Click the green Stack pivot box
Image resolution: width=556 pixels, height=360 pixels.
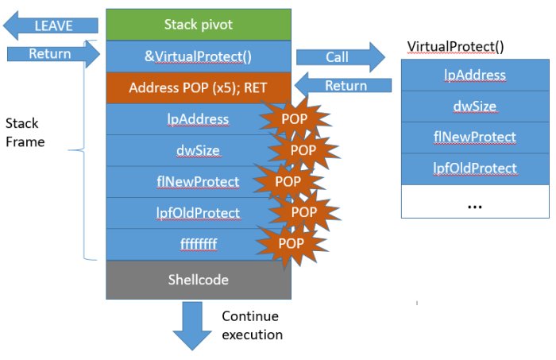coord(199,25)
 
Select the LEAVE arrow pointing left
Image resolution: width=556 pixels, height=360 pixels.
coord(50,25)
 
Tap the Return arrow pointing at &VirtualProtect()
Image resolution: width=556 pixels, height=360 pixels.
coord(53,54)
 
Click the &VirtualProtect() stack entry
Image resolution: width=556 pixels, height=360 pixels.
coord(199,56)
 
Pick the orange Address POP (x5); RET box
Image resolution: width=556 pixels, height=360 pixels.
coord(199,87)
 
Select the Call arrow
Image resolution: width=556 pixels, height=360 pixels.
coord(341,57)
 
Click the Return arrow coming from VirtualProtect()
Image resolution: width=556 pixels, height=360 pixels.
coord(343,86)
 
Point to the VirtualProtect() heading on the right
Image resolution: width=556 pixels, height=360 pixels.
coord(455,47)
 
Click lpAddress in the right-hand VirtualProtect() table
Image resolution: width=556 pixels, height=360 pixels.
coord(475,75)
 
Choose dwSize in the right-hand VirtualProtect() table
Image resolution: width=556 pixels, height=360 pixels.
coord(475,106)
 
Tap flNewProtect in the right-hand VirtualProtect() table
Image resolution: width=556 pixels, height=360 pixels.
coord(475,137)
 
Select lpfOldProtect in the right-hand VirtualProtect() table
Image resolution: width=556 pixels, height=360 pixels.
coord(475,168)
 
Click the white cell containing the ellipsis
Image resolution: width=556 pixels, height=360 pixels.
coord(475,201)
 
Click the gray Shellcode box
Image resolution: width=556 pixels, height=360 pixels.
coord(199,280)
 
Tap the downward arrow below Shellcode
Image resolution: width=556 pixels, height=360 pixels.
coord(192,327)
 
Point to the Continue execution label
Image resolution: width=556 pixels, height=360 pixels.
coord(252,325)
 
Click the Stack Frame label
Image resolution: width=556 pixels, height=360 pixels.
coord(25,133)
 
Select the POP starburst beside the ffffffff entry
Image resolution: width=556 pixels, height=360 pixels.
coord(292,243)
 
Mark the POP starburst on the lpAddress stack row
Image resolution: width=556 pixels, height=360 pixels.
coord(295,119)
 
